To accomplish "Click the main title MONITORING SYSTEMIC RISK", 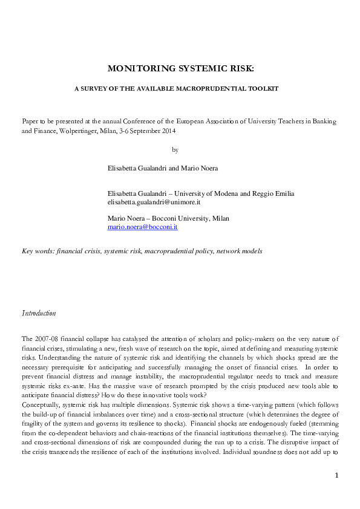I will pyautogui.click(x=180, y=68).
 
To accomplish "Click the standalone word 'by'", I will pyautogui.click(x=175, y=149).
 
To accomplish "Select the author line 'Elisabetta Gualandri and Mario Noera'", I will pyautogui.click(x=163, y=168).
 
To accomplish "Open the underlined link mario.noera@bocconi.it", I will pyautogui.click(x=142, y=227).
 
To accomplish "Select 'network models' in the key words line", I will pyautogui.click(x=240, y=251).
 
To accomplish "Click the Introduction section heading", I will pyautogui.click(x=39, y=313).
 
